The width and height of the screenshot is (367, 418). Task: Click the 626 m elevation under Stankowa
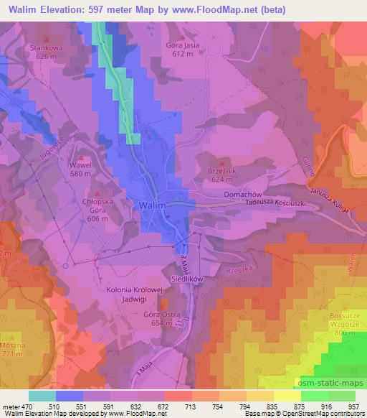point(46,56)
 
